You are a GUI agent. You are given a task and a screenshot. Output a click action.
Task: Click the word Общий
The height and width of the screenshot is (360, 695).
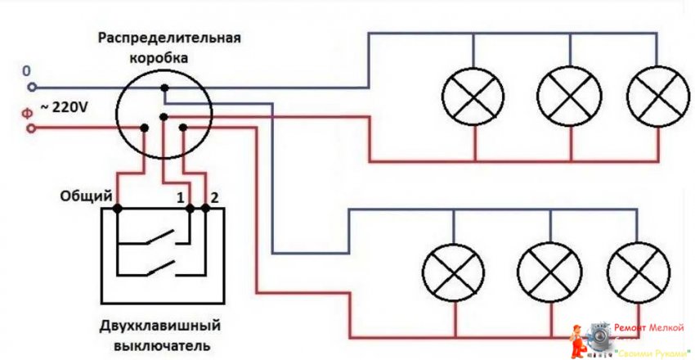click(x=86, y=197)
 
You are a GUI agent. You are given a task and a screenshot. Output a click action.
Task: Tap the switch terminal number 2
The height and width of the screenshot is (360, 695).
click(x=214, y=197)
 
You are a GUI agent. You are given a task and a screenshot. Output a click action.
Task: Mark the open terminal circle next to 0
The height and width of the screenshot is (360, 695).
click(x=32, y=87)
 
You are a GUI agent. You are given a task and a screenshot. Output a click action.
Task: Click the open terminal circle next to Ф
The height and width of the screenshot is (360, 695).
click(x=32, y=128)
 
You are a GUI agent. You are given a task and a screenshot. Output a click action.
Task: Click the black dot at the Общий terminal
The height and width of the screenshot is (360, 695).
click(x=118, y=209)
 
